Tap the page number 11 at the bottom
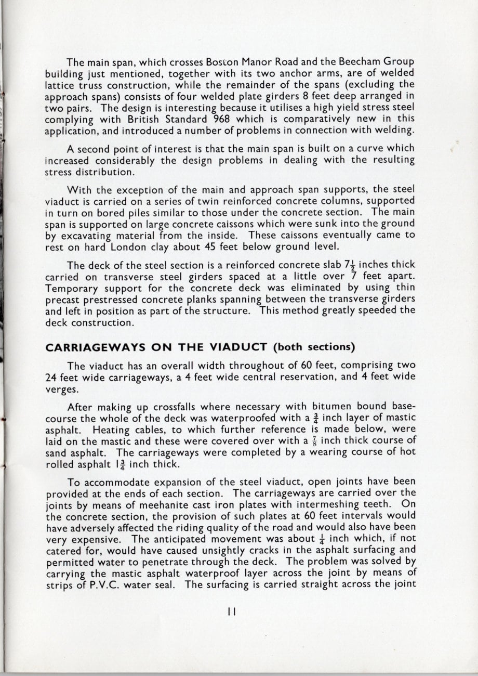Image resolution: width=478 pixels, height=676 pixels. click(x=232, y=613)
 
